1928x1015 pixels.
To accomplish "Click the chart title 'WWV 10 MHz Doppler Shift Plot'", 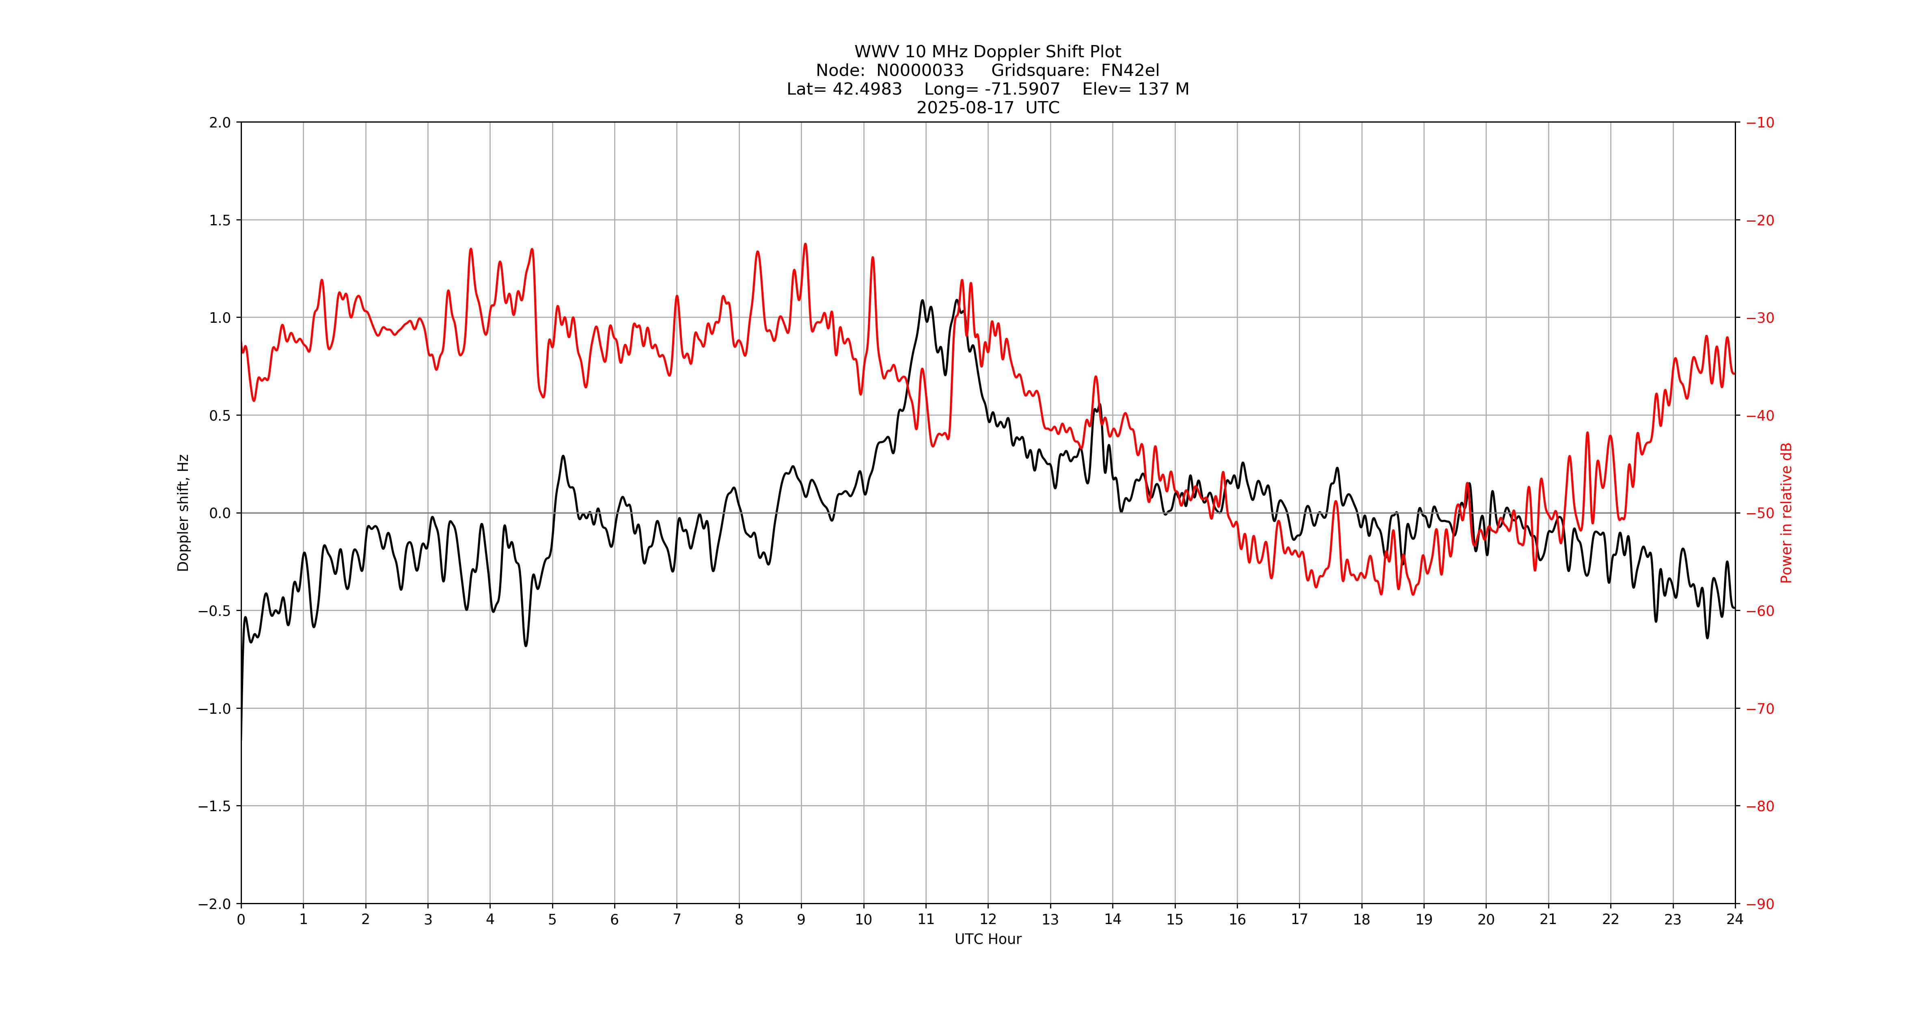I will (987, 52).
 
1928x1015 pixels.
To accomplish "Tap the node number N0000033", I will (920, 70).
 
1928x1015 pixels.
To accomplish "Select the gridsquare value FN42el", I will (1130, 70).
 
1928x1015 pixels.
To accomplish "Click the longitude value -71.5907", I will (1022, 89).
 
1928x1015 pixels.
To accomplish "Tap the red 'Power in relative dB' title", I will (1786, 513).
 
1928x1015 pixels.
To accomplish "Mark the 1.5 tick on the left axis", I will (220, 220).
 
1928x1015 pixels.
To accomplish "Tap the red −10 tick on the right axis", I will (1760, 123).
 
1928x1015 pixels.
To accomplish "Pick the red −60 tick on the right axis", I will (1760, 611).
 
